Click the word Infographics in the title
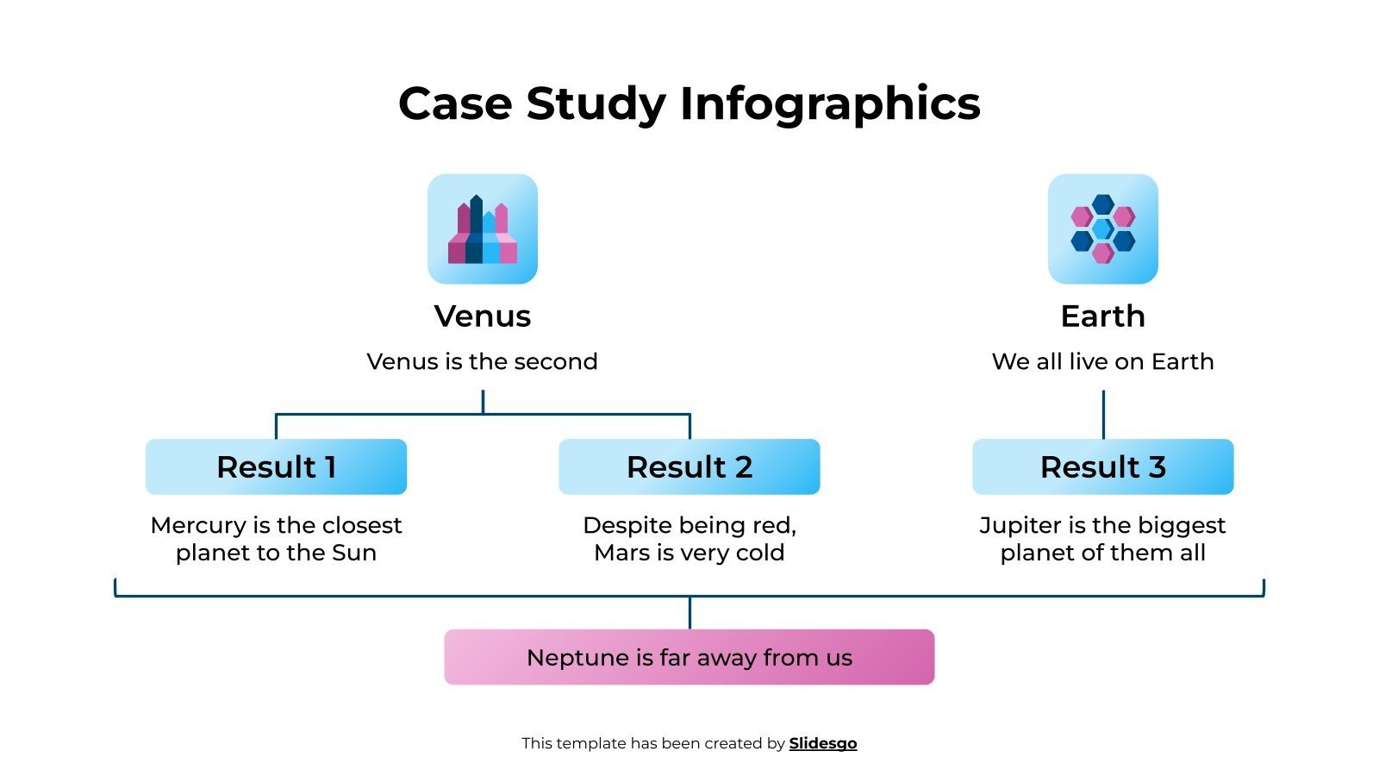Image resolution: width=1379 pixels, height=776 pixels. click(x=830, y=104)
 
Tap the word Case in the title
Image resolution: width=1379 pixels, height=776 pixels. click(x=455, y=104)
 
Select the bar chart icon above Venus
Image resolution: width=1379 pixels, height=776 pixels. click(x=483, y=229)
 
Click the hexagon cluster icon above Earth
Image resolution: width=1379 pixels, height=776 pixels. click(x=1102, y=229)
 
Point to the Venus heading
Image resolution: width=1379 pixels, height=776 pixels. click(x=483, y=316)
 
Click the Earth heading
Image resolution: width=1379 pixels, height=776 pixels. click(x=1102, y=316)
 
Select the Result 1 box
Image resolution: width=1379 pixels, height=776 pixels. click(x=276, y=466)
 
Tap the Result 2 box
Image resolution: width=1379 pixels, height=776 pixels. click(x=689, y=466)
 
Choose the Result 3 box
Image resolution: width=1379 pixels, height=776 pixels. click(x=1102, y=466)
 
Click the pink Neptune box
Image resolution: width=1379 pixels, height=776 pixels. click(x=689, y=657)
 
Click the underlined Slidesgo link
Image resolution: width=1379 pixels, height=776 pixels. click(x=822, y=743)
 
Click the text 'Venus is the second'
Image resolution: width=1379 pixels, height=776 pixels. click(x=483, y=361)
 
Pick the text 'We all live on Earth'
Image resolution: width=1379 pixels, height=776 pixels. click(x=1102, y=361)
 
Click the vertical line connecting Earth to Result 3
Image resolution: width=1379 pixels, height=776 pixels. click(x=1103, y=414)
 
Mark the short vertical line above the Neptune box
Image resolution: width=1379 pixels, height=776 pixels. click(x=689, y=612)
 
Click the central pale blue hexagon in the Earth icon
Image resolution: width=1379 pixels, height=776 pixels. click(x=1102, y=228)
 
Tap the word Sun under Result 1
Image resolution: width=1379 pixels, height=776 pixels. click(x=354, y=553)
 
